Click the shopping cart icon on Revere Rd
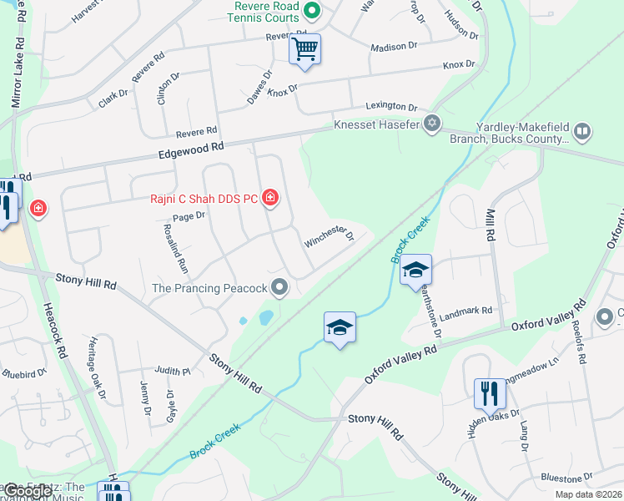pyautogui.click(x=305, y=49)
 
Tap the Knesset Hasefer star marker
pyautogui.click(x=431, y=124)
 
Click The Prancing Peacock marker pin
pyautogui.click(x=280, y=288)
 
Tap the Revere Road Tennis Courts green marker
pyautogui.click(x=311, y=11)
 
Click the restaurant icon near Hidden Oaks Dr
pyautogui.click(x=490, y=392)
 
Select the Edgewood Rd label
pyautogui.click(x=191, y=151)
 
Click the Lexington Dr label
pyautogui.click(x=391, y=107)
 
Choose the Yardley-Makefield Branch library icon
pyautogui.click(x=582, y=130)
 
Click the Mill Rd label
pyautogui.click(x=491, y=225)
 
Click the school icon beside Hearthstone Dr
pyautogui.click(x=415, y=271)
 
